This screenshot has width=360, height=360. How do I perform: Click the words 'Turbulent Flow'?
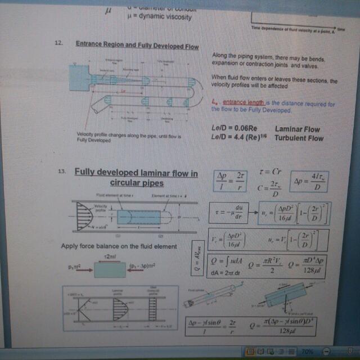[299, 138]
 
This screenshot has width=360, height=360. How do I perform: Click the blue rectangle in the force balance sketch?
[110, 269]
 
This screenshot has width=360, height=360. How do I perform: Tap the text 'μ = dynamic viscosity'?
[159, 16]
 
